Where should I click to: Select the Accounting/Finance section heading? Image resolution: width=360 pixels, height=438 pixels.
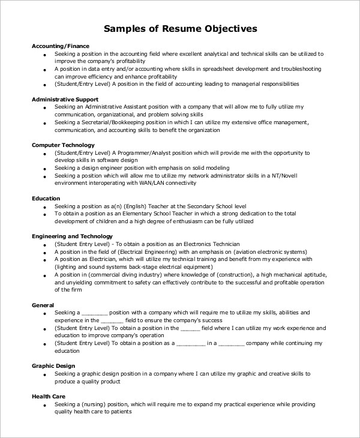click(x=61, y=46)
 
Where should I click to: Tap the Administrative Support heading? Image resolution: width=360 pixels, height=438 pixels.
click(x=64, y=98)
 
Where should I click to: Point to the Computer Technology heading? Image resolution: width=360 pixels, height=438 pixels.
click(x=63, y=145)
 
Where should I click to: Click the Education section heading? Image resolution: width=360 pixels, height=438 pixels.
click(x=46, y=197)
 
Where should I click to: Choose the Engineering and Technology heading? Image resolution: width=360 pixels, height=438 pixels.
click(x=72, y=236)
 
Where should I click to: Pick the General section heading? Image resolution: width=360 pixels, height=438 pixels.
click(x=43, y=305)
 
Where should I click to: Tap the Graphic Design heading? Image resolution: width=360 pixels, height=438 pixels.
click(x=54, y=365)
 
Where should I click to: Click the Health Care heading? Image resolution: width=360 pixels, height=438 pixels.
click(x=49, y=397)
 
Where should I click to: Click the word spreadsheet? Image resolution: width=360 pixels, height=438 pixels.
click(x=224, y=68)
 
